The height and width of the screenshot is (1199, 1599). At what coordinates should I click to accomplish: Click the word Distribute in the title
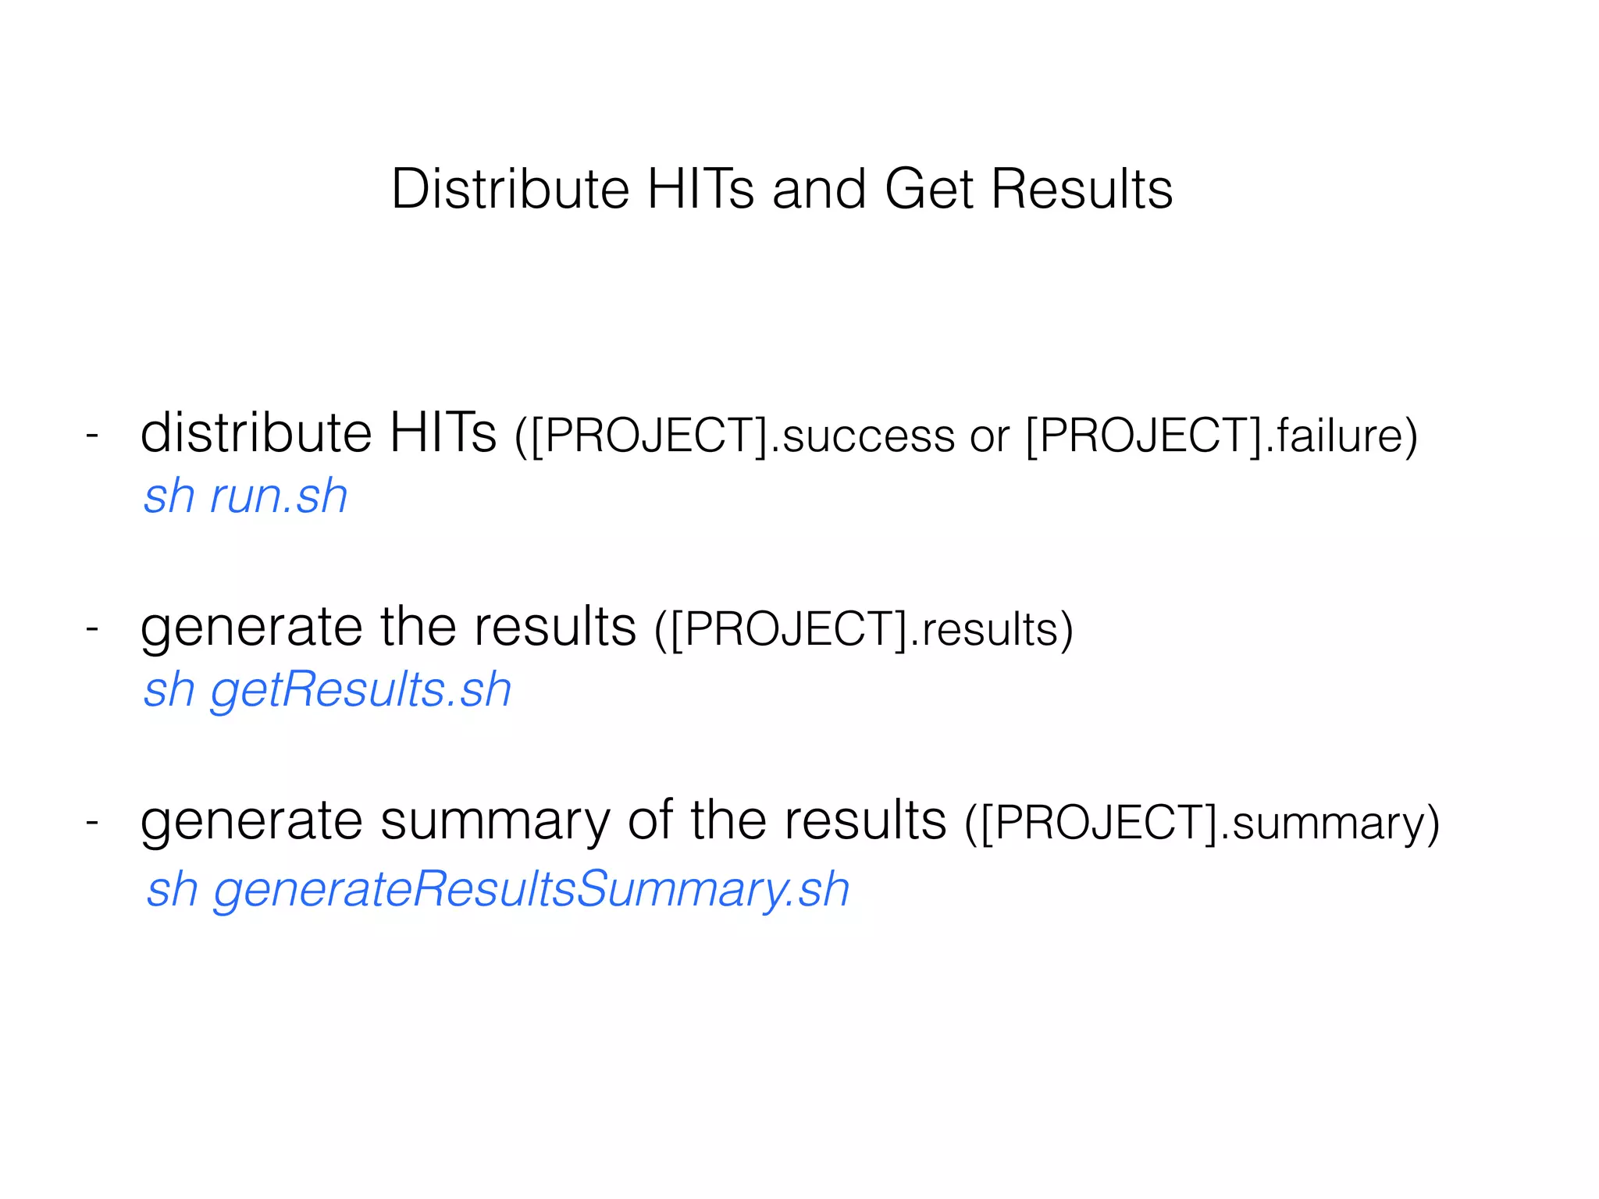pos(510,189)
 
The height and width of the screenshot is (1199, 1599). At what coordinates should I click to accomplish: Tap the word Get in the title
pos(929,189)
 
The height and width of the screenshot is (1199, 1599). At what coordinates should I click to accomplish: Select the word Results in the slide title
pos(1081,189)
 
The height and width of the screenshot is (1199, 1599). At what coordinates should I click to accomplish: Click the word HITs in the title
pos(700,189)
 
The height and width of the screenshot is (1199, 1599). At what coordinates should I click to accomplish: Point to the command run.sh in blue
pos(279,496)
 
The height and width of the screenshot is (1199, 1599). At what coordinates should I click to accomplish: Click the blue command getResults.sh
pos(361,690)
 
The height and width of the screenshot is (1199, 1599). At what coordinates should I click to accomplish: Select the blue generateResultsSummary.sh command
pos(532,889)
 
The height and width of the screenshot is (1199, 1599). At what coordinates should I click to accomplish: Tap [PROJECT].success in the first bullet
pos(743,435)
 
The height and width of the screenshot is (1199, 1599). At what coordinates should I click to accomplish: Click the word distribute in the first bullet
pos(255,432)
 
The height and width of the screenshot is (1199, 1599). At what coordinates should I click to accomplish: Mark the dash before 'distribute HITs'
pos(92,434)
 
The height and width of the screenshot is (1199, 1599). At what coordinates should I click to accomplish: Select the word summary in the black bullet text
pos(495,822)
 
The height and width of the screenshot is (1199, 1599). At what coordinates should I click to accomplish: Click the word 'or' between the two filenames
pos(989,436)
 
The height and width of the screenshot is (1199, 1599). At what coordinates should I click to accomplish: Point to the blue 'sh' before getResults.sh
pos(169,690)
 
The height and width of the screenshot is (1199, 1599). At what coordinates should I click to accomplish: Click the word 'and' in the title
pos(819,189)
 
